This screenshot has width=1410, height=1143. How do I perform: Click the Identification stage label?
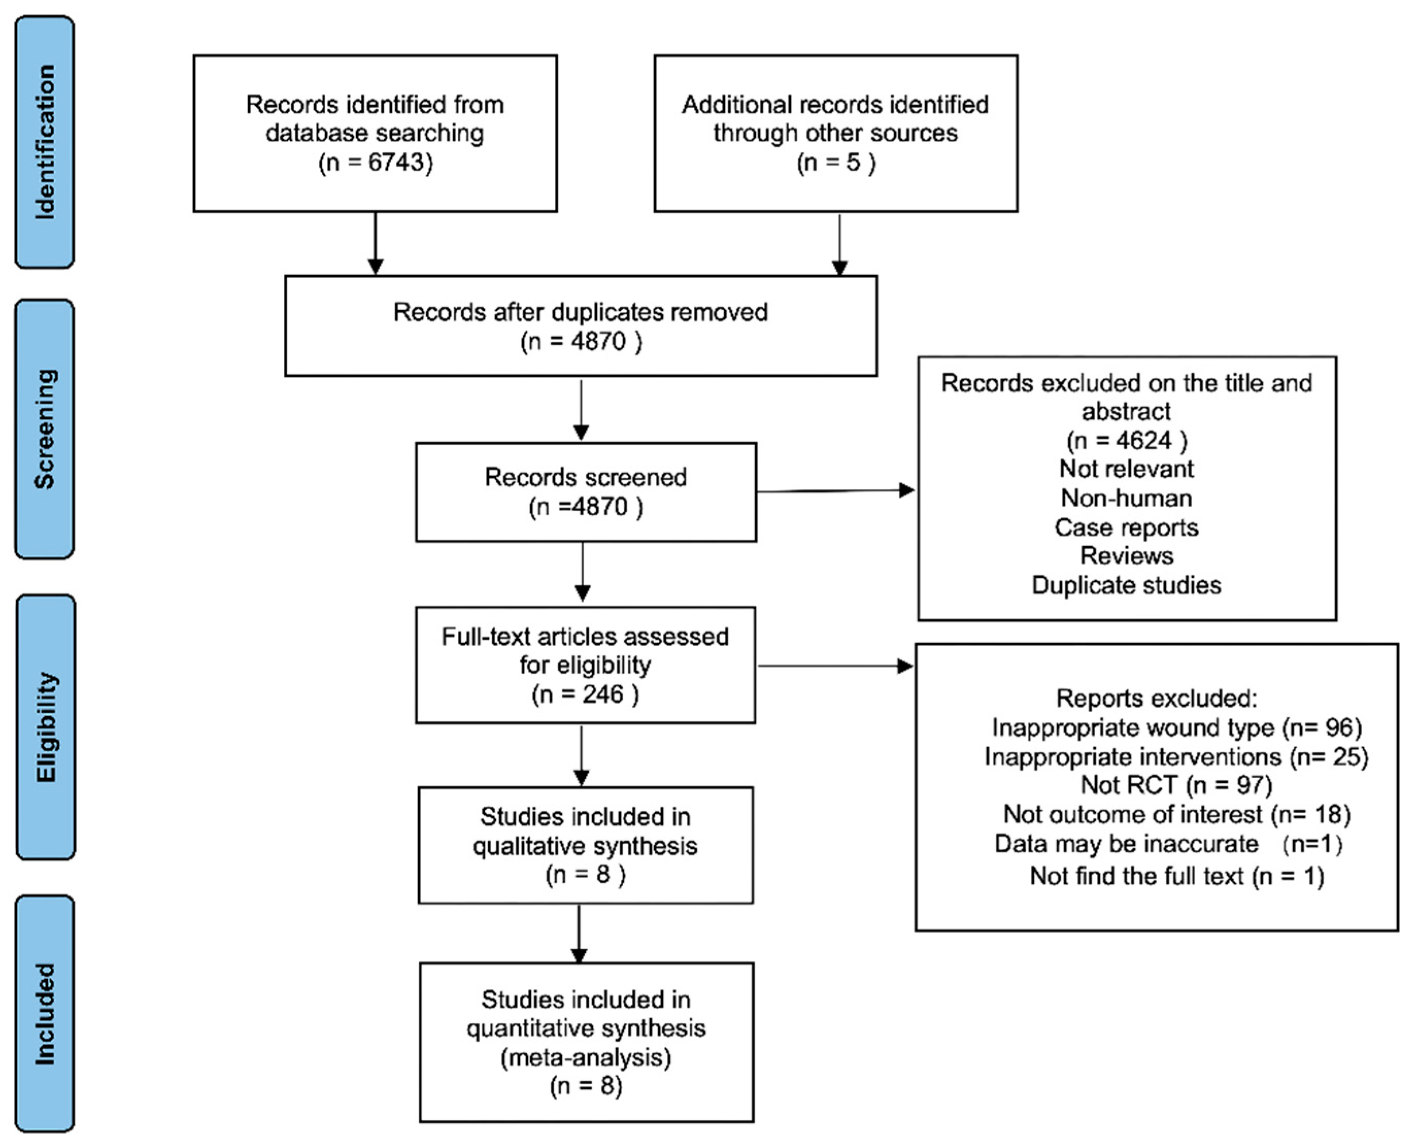coord(45,142)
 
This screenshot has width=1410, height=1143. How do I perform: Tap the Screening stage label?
coord(45,429)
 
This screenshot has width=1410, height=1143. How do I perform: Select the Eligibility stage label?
coord(45,727)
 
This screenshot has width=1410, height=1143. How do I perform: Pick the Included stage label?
coord(45,1014)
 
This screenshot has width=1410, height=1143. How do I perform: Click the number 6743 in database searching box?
coord(395,162)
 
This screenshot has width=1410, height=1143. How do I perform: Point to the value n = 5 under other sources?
coord(836,162)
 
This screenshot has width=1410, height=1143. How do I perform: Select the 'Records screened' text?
coord(585,477)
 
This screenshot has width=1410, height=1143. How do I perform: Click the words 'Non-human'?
coord(1126,498)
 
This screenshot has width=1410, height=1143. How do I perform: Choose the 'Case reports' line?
coord(1126,527)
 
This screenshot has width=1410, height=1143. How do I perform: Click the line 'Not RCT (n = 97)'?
coord(1176,785)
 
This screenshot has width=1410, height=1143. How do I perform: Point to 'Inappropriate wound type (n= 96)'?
coord(1176,728)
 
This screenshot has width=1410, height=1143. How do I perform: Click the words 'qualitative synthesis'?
coord(585,846)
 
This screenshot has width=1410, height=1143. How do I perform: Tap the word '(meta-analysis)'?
coord(586,1058)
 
